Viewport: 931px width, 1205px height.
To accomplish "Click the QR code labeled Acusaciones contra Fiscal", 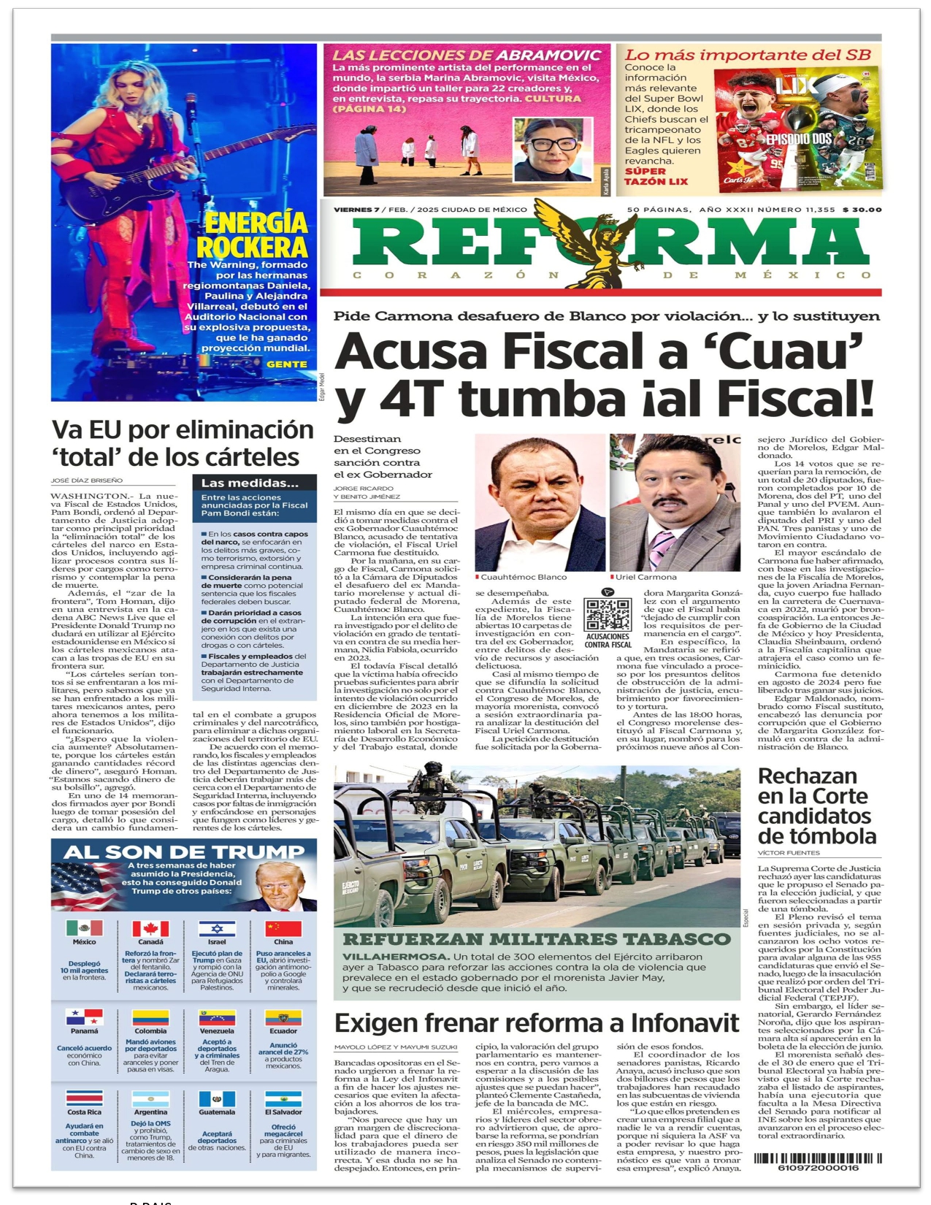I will coord(608,614).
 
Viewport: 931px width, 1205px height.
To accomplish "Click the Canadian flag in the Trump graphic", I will coord(150,928).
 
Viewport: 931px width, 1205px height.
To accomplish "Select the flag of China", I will coord(283,928).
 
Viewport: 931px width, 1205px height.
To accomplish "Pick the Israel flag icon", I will coord(217,928).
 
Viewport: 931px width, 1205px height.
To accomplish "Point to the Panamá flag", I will coord(85,1017).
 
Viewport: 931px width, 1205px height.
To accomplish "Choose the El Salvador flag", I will coord(283,1100).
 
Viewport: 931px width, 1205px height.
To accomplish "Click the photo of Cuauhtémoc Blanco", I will coord(540,503).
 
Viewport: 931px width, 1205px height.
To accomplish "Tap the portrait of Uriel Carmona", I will coord(675,503).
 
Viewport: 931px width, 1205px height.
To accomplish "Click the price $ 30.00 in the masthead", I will coord(862,210).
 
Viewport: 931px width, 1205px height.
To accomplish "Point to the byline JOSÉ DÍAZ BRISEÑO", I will coord(87,481).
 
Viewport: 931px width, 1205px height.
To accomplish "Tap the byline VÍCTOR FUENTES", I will coord(789,852).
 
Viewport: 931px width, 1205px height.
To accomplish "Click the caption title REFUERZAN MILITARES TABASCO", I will coord(536,939).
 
